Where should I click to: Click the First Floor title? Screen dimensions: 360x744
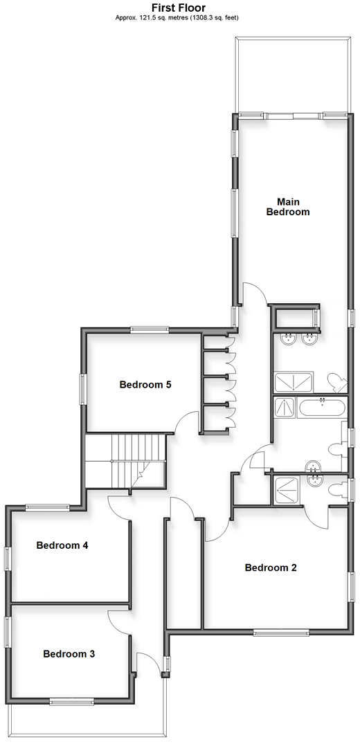[178, 8]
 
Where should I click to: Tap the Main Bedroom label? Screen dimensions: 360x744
[288, 207]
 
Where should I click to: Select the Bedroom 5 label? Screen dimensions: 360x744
[145, 384]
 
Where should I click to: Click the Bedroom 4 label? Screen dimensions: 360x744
[62, 545]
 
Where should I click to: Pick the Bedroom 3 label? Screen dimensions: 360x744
[69, 654]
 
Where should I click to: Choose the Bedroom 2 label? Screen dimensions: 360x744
[271, 568]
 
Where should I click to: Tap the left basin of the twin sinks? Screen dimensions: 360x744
[288, 339]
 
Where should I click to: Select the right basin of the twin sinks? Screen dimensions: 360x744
[309, 339]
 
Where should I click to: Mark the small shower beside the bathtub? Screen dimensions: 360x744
[285, 408]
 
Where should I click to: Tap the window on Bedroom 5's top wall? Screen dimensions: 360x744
[150, 328]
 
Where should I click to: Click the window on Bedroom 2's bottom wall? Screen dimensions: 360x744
[280, 632]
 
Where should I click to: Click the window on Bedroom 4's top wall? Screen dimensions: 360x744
[48, 507]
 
